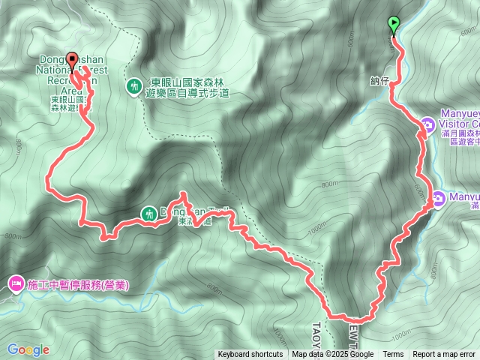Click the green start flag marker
[394, 25]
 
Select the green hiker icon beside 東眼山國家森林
[134, 87]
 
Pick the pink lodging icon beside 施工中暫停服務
[16, 284]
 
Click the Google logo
[28, 349]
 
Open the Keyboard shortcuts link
[250, 355]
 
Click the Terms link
[393, 355]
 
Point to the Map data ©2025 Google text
[333, 355]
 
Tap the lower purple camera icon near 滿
[438, 198]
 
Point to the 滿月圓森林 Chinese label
[457, 133]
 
